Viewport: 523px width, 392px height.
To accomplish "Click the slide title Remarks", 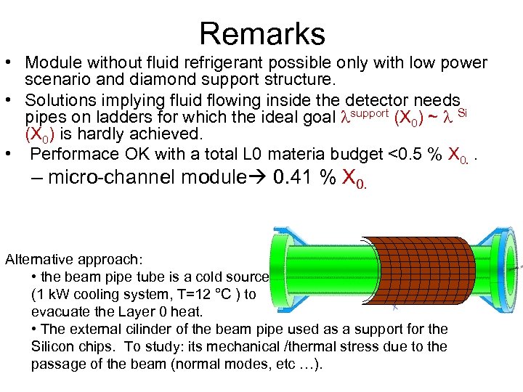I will (261, 33).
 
